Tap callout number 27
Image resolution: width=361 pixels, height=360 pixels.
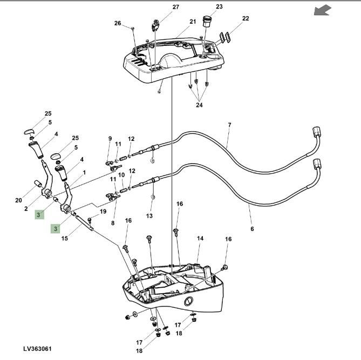pos(160,7)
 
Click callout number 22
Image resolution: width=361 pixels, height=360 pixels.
pos(246,18)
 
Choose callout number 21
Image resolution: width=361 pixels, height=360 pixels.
pos(193,22)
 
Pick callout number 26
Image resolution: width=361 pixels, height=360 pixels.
pos(118,23)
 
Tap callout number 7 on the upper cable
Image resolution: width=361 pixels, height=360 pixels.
pos(229,125)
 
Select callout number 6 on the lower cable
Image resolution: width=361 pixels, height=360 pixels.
pos(252,229)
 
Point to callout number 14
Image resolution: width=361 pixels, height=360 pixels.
pos(200,238)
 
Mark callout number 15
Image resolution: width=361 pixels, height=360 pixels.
pos(64,238)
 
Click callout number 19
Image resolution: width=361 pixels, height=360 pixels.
pos(103,212)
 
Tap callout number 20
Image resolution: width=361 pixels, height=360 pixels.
pos(19,200)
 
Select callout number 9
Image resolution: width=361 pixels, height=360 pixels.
pos(110,139)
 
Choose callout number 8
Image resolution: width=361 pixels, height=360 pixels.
pos(112,222)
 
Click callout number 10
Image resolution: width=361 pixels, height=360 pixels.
pos(121,175)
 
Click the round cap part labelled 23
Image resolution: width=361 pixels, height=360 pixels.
pos(206,22)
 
